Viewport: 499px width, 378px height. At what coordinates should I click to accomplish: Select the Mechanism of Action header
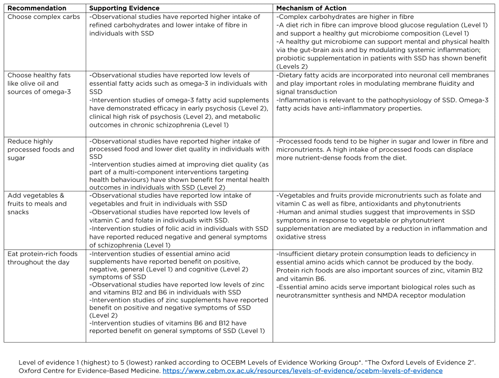pos(311,8)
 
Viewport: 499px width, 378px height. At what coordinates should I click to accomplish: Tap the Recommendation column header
pos(37,8)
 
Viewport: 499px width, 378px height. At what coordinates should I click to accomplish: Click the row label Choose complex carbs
pos(44,17)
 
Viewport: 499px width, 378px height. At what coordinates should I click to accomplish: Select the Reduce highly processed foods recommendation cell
pos(41,150)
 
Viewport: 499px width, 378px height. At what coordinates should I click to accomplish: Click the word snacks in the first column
pos(18,212)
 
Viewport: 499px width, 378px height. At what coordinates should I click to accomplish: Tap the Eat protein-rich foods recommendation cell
pos(42,258)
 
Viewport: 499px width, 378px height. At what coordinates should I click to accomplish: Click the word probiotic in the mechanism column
pos(291,58)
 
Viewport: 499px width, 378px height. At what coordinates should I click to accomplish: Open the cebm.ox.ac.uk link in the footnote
pos(302,371)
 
